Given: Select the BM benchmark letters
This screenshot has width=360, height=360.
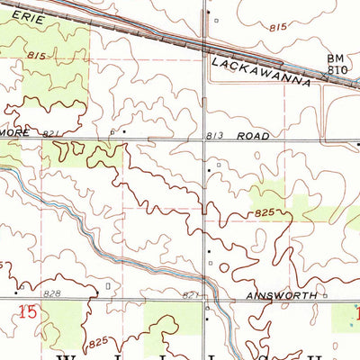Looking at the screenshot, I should click(x=334, y=58).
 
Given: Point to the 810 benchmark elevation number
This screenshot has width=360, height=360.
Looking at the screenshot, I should click(x=337, y=69).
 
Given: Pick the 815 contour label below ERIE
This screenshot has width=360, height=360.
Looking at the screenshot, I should click(x=36, y=56).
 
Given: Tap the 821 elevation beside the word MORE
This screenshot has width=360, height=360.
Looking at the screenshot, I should click(x=52, y=133).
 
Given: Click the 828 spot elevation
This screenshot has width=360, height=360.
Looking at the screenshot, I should click(x=51, y=294).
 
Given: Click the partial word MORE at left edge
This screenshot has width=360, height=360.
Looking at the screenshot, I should click(x=16, y=133).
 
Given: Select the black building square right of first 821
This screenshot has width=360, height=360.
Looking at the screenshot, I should click(x=123, y=131).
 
